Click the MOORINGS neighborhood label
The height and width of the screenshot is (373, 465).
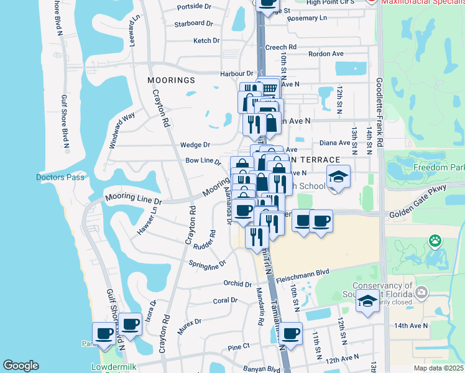171,80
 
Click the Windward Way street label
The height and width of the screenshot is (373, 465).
122,131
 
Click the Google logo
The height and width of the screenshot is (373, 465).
21,366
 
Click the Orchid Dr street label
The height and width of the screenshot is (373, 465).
237,283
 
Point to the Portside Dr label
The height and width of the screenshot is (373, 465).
195,6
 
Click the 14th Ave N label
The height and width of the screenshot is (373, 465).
411,325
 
